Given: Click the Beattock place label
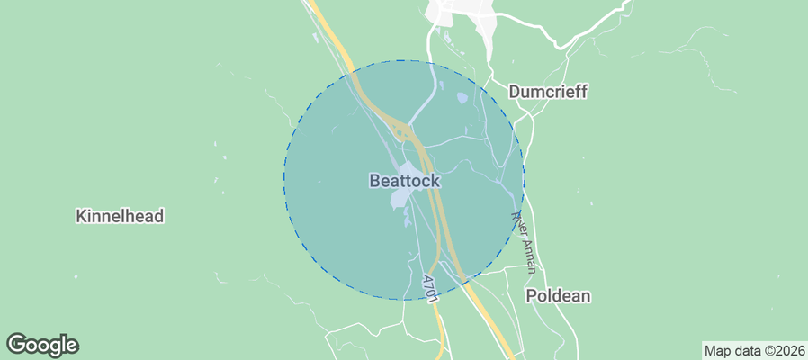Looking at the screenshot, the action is (405, 181).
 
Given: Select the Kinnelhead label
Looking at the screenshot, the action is (121, 217).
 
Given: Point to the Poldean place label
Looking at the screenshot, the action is (558, 296).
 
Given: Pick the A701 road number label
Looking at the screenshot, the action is (430, 287).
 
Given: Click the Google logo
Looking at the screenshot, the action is (42, 344).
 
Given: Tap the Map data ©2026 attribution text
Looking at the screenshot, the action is (753, 350).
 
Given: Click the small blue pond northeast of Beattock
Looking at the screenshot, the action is (462, 98).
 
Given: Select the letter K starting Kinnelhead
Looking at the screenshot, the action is (82, 217).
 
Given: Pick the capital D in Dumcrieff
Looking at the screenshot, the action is (515, 92).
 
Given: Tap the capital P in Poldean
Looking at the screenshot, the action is (531, 296).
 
